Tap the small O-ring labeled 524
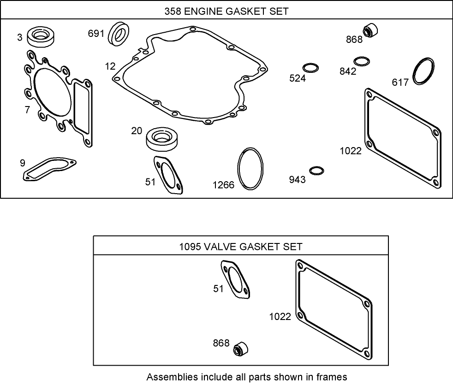coord(310,67)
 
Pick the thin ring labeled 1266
coord(250,168)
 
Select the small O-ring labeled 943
coord(316,170)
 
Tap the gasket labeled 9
coord(48,169)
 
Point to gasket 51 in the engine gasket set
coord(168,175)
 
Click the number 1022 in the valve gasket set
coord(280,316)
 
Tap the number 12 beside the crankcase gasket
coord(110,66)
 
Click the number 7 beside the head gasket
coord(27,109)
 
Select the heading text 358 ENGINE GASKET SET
coord(226,12)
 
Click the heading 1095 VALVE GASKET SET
coord(241,247)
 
